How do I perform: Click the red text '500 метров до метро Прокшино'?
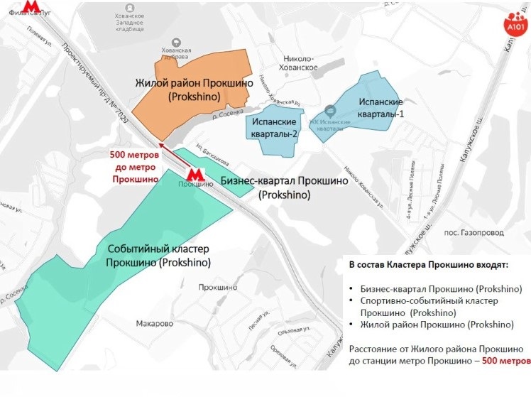tap(135, 167)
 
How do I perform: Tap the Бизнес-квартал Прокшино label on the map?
tap(284, 187)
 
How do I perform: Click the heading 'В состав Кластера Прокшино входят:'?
tap(428, 265)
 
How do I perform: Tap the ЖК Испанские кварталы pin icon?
tap(329, 110)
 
